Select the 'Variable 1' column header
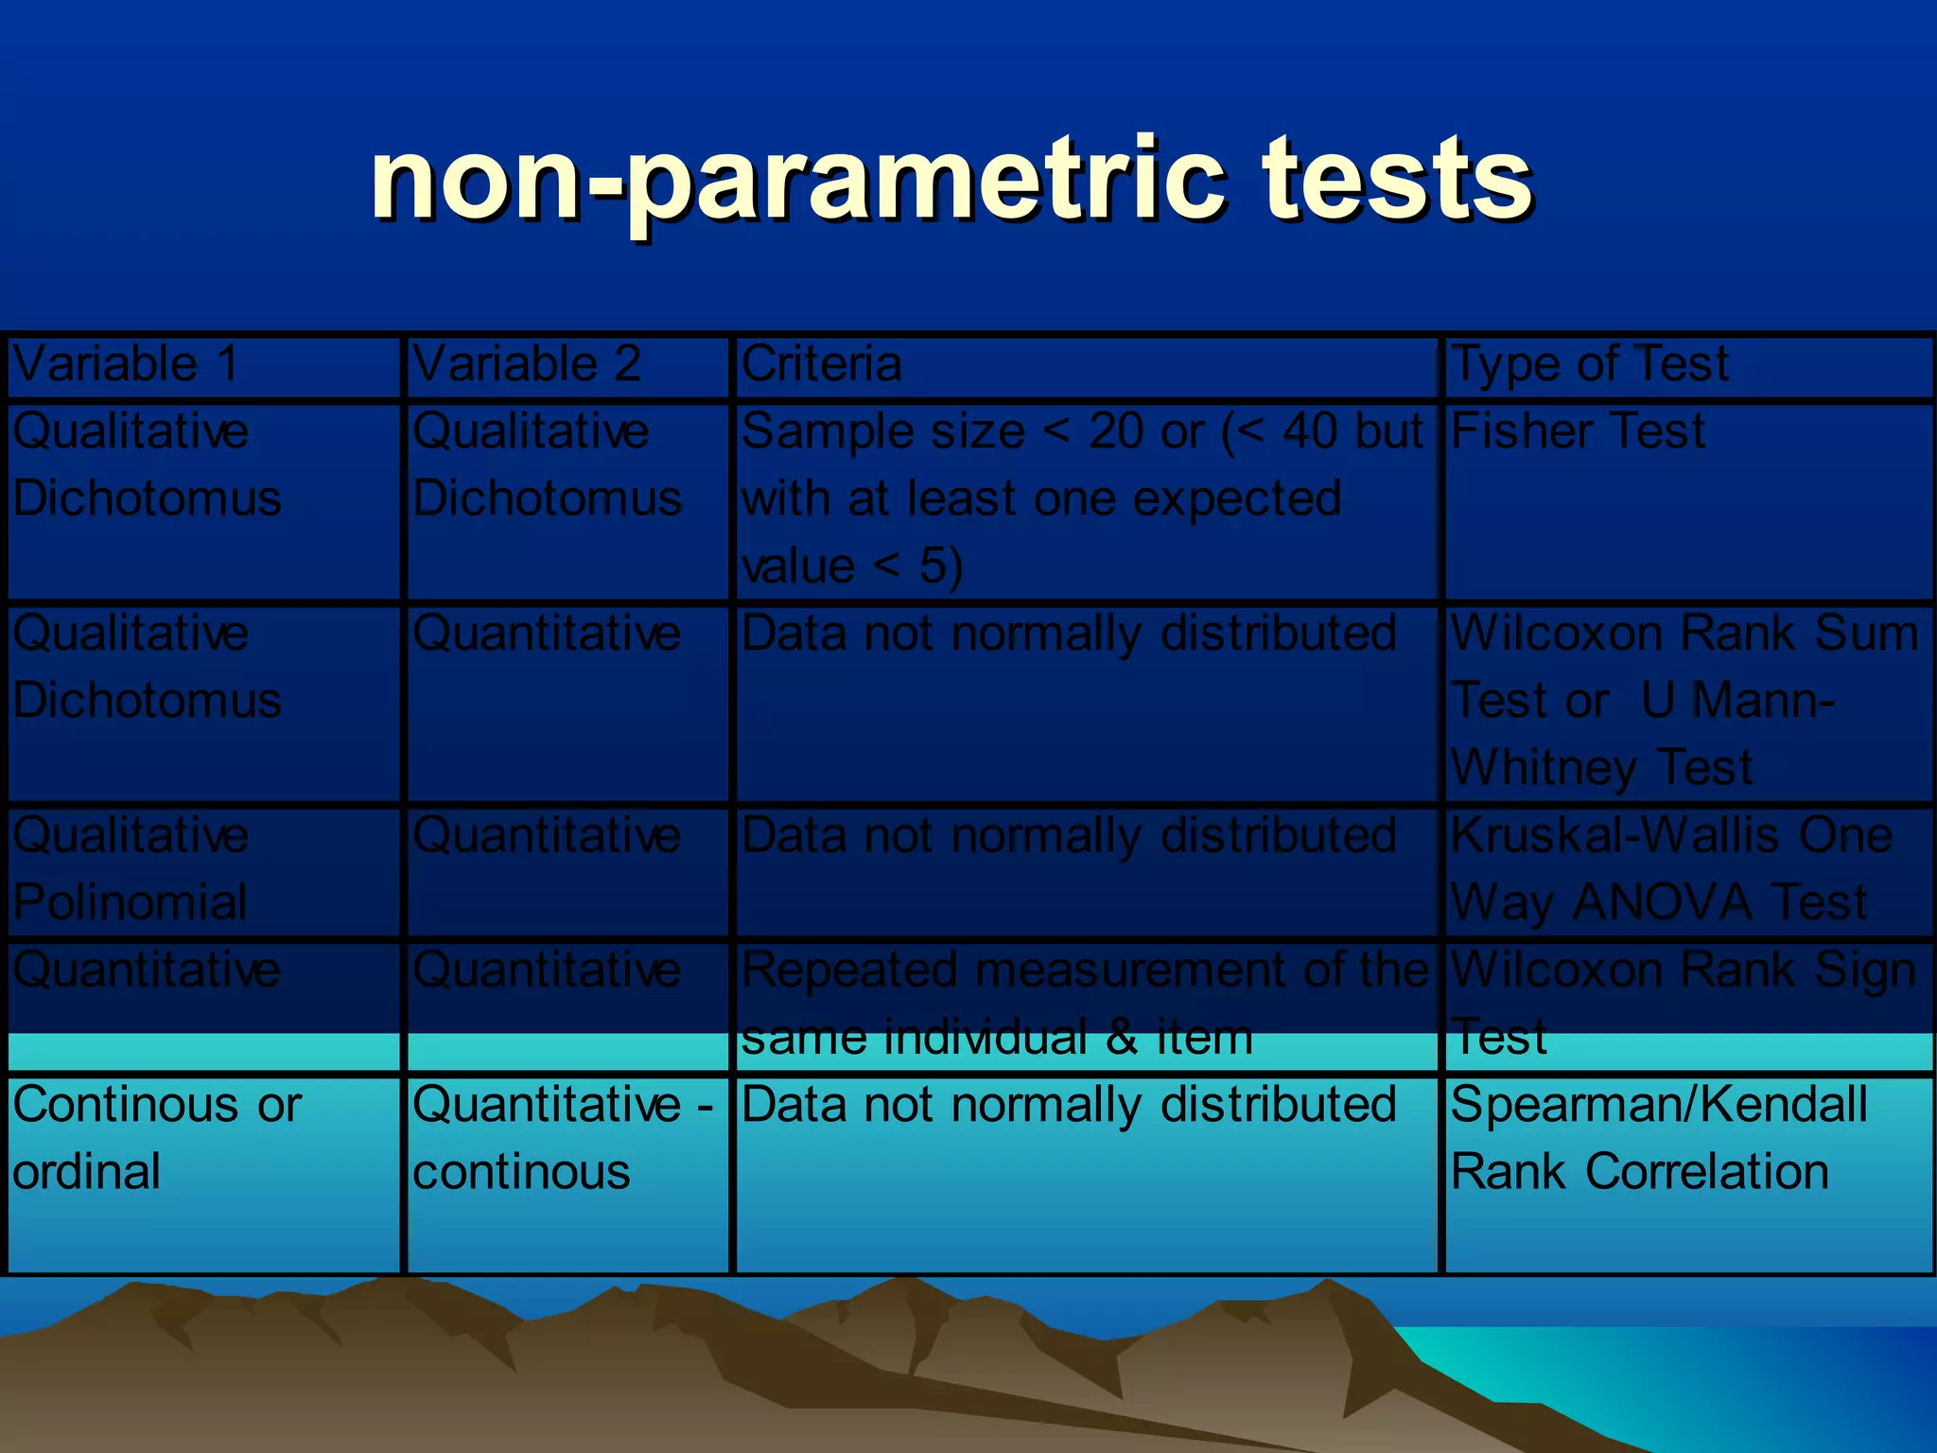tap(125, 364)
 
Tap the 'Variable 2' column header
tap(527, 364)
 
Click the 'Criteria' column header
tap(821, 364)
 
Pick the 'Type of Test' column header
tap(1589, 364)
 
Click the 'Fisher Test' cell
tap(1578, 432)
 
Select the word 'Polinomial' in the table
tap(131, 902)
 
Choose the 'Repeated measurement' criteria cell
tap(1083, 1003)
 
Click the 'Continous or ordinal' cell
tap(156, 1138)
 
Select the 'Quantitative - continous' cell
tap(563, 1138)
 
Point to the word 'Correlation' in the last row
tap(1707, 1172)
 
